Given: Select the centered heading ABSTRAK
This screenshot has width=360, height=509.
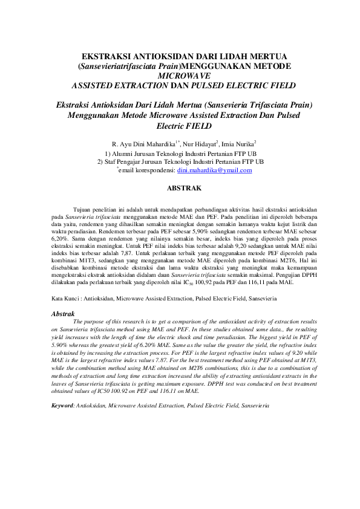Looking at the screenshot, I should point(184,189).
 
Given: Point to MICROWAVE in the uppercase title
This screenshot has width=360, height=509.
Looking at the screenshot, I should point(184,76).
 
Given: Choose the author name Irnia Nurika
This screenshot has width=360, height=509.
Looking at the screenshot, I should point(238,144).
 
